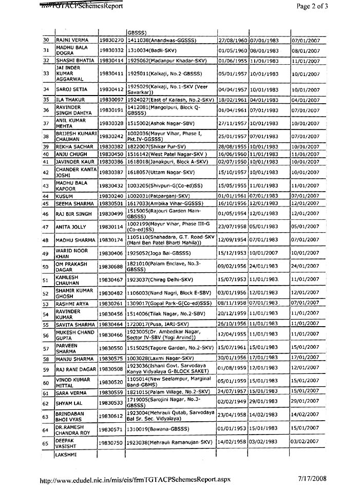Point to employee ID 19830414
112,61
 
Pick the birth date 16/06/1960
233,154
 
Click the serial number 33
46,74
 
